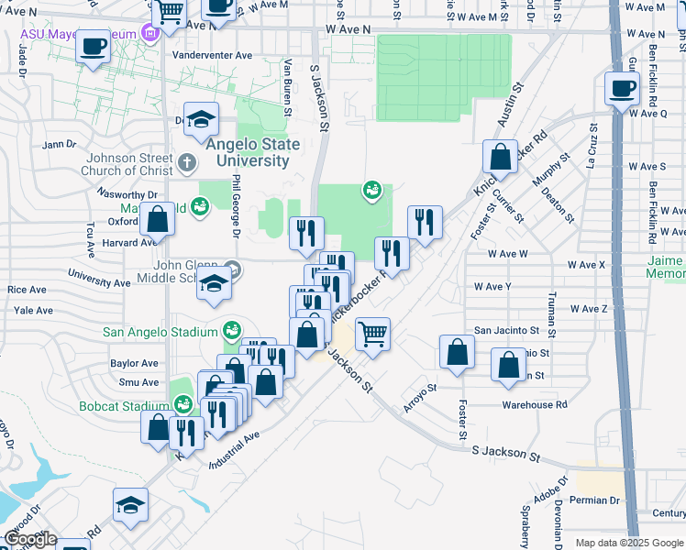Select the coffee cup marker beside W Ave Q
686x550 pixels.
[x=622, y=89]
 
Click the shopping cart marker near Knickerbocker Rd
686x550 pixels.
[x=372, y=335]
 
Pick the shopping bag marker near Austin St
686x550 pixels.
[x=501, y=157]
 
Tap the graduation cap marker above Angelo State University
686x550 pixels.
[x=201, y=119]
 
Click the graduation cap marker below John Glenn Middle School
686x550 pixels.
[x=214, y=286]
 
